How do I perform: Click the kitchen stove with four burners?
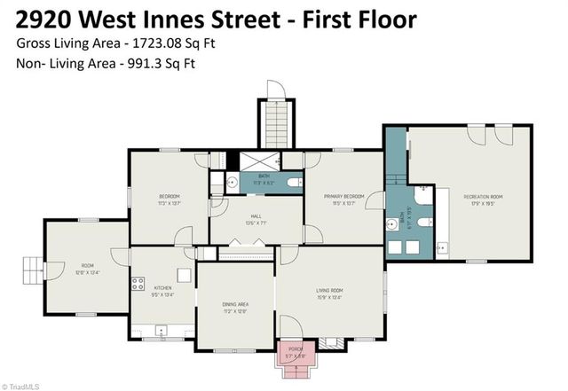coord(138,285)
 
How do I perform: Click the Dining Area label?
coord(235,306)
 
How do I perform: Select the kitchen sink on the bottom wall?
coord(161,330)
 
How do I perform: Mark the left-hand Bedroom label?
coord(169,196)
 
